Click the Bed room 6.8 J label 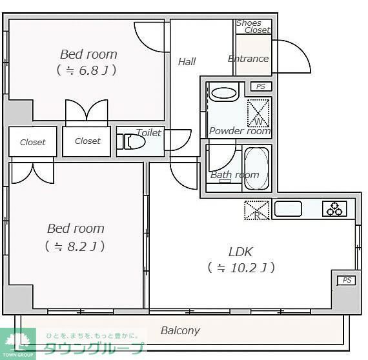tap(88, 61)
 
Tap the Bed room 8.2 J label tap(76, 236)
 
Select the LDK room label tap(240, 259)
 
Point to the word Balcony tap(179, 330)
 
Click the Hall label tap(187, 62)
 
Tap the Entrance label tap(248, 59)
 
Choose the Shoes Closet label tap(252, 26)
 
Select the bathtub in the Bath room tap(256, 169)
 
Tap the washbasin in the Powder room tap(224, 92)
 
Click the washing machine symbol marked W tap(259, 112)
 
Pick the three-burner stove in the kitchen tap(335, 209)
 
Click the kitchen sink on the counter tap(288, 209)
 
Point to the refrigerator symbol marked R tap(256, 210)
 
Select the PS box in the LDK tap(347, 280)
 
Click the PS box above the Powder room tap(261, 86)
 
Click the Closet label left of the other tap(32, 142)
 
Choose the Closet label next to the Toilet tap(87, 141)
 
